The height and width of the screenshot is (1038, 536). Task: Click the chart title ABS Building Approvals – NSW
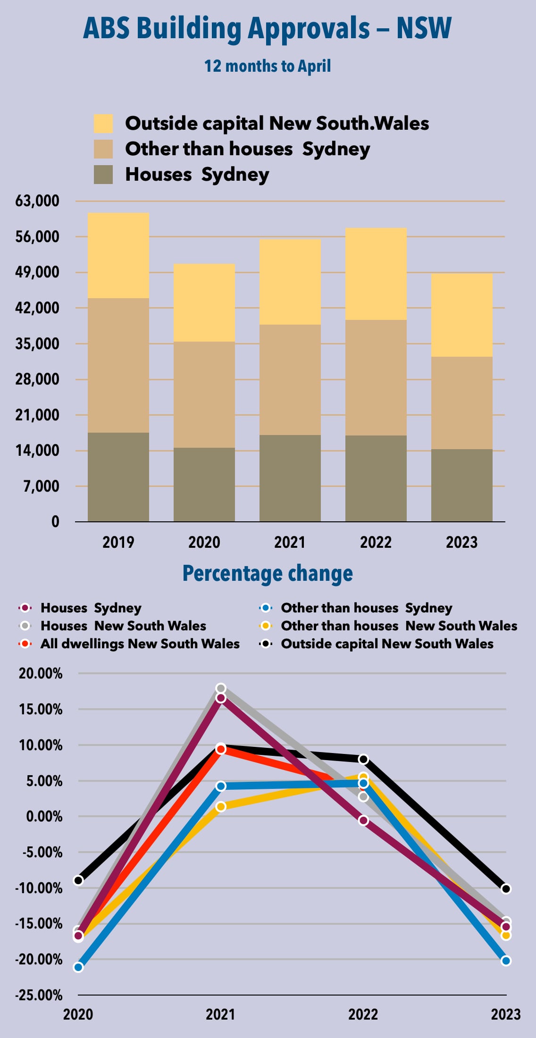(267, 28)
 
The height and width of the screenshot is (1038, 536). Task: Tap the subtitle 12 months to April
(267, 66)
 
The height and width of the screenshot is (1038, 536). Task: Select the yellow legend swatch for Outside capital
(103, 124)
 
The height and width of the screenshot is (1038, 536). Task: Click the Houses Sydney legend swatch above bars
(103, 175)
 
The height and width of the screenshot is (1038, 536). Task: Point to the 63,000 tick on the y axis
(37, 201)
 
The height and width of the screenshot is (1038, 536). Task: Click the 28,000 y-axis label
(37, 379)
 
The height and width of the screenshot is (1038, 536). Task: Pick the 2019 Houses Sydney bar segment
(118, 477)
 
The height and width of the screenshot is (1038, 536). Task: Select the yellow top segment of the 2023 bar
(461, 315)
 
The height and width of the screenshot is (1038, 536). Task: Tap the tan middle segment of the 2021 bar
(290, 379)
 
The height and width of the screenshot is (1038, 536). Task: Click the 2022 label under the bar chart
(376, 543)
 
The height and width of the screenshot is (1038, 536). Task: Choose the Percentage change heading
(268, 574)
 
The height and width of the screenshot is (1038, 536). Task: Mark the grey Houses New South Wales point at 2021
(221, 688)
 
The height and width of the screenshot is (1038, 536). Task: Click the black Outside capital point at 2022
(363, 759)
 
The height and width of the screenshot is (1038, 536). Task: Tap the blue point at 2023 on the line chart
(506, 961)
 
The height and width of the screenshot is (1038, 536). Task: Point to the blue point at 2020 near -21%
(78, 967)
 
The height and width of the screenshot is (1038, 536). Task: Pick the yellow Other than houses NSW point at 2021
(221, 807)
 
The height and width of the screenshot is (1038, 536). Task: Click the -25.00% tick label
(39, 996)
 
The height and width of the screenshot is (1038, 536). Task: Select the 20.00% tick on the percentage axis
(41, 674)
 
